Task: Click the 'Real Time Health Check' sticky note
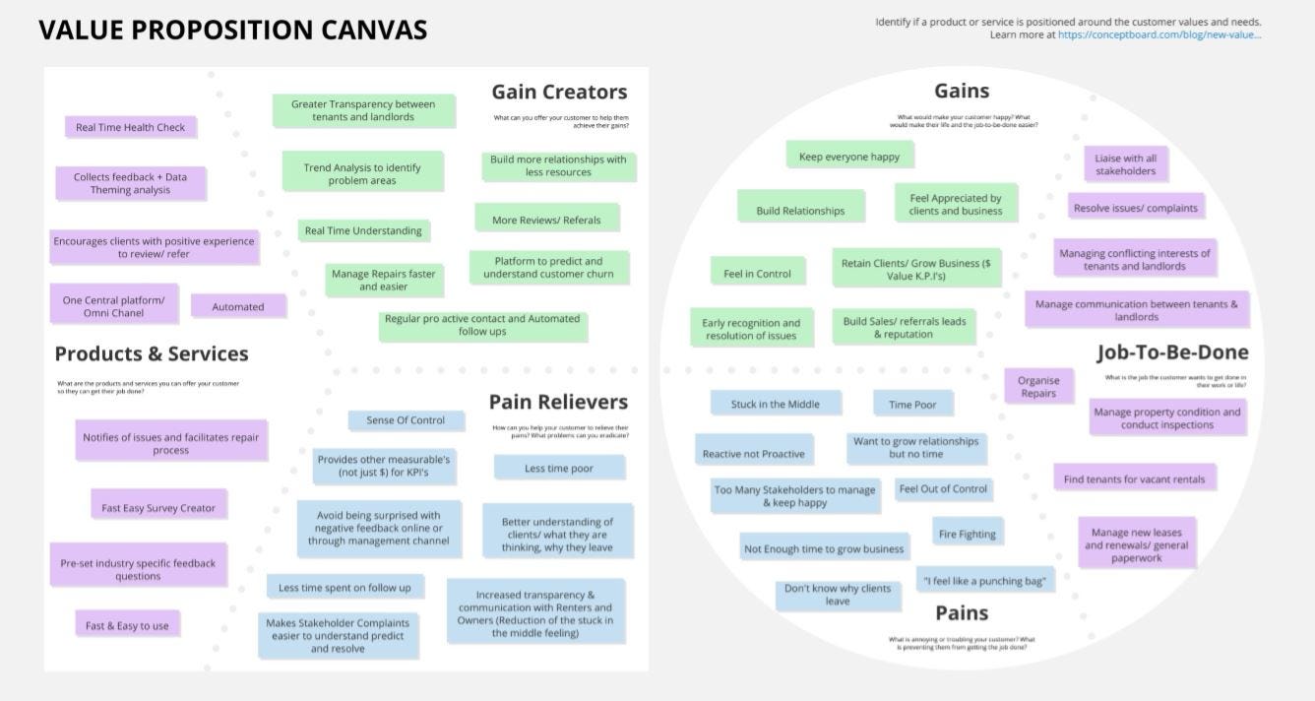pos(131,127)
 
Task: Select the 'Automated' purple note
pos(238,306)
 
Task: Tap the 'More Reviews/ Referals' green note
pos(546,220)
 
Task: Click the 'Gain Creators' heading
pos(559,92)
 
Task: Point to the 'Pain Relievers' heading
pos(558,402)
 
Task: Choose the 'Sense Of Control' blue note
pos(406,420)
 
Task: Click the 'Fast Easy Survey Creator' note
pos(158,508)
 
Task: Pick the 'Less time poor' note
pos(559,468)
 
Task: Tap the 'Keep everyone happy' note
pos(849,156)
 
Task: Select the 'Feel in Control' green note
pos(757,274)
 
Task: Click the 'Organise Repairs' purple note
pos(1038,386)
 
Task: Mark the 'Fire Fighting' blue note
pos(968,534)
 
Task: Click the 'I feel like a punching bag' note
pos(984,581)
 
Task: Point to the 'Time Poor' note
pos(912,404)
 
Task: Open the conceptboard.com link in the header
pos(1159,34)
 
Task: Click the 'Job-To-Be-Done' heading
pos(1172,352)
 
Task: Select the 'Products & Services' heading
pos(152,353)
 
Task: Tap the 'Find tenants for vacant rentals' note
pos(1134,479)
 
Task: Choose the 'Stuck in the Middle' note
pos(776,404)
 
